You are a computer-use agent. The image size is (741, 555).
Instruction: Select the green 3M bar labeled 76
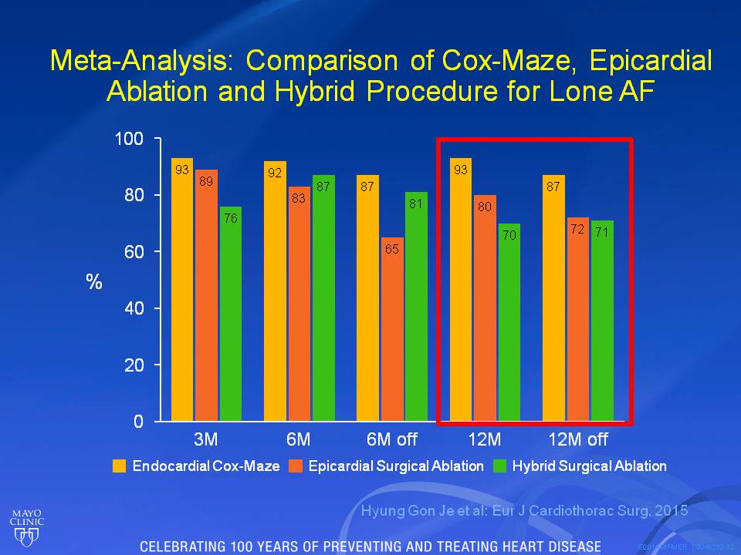230,316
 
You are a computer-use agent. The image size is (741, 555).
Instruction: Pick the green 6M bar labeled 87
323,301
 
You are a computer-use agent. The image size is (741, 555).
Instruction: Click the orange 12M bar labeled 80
485,308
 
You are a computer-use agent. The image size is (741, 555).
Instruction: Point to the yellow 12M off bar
554,301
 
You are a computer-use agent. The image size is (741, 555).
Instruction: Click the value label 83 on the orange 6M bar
299,198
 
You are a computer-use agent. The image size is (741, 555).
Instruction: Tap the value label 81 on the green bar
415,204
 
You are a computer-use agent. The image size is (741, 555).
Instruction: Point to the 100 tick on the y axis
130,139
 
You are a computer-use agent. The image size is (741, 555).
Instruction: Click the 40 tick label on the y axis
134,308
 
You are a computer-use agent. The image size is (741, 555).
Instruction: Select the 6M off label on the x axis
391,440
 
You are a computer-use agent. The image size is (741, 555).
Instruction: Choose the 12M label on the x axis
484,440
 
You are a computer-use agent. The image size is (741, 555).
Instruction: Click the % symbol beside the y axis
94,282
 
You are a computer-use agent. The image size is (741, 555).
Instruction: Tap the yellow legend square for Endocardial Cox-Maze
120,466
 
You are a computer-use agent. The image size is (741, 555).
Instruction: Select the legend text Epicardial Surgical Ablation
397,466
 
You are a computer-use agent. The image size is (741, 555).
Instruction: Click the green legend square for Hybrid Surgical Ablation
499,466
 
